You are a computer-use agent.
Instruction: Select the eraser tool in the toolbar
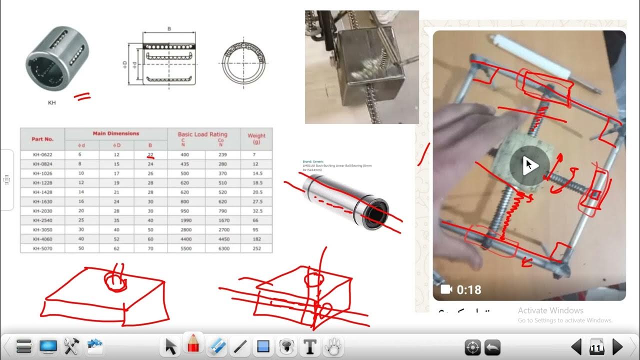tap(217, 346)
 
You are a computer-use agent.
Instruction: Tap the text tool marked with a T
tap(310, 346)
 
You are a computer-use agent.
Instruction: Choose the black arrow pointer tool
tap(171, 346)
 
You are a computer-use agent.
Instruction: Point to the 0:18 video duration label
tap(468, 289)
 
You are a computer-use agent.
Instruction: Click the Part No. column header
tap(42, 139)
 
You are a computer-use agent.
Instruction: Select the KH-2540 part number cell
tap(43, 220)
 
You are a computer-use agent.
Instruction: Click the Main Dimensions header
tap(116, 133)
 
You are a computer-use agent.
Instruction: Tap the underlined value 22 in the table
tap(150, 154)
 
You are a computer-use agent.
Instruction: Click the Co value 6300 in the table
tap(222, 248)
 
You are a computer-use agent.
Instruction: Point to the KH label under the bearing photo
tap(51, 103)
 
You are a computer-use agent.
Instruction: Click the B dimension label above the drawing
tap(169, 29)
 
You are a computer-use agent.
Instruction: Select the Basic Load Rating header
tap(202, 134)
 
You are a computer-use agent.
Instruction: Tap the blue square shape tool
tap(263, 346)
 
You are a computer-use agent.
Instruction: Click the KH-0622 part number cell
tap(43, 154)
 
